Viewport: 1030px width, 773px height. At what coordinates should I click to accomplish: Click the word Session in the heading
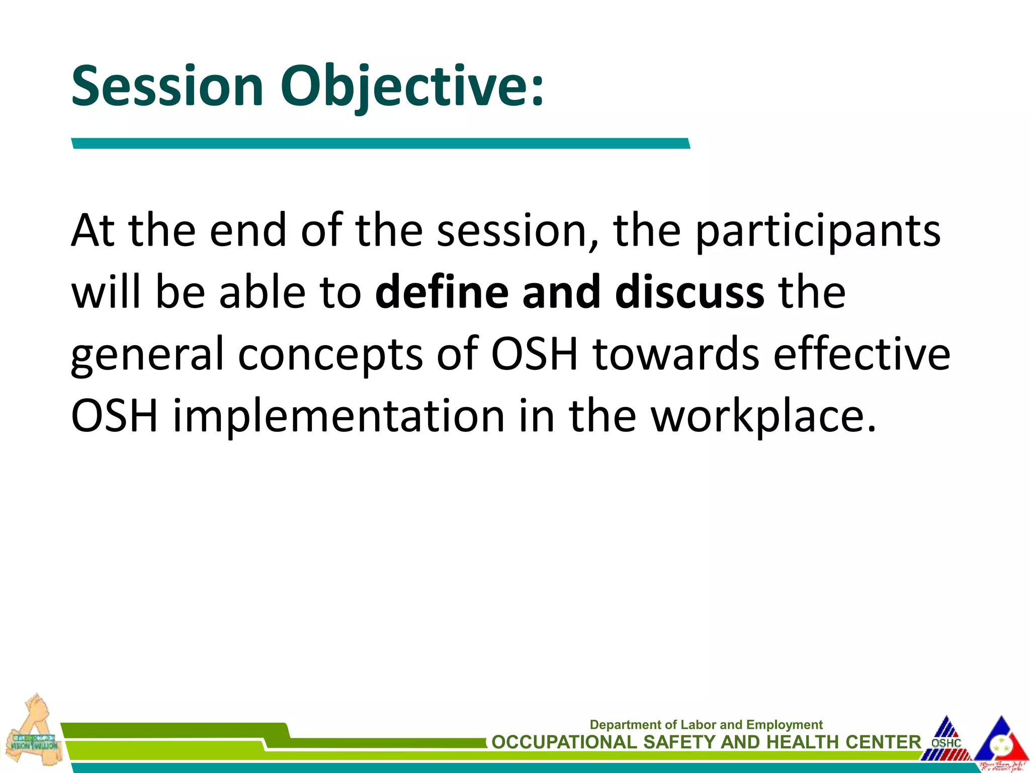pos(167,87)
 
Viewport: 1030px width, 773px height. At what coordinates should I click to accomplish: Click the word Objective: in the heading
pos(411,87)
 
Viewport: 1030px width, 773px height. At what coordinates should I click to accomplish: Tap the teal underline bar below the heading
pos(381,143)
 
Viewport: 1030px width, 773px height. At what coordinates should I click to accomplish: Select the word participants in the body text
pos(818,230)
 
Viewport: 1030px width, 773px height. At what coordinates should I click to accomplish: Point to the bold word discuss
pos(690,292)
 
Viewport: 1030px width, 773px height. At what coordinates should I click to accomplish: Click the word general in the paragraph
pos(147,355)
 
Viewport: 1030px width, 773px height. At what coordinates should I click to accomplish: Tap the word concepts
pos(330,355)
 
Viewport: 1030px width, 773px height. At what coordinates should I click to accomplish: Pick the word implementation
pos(338,416)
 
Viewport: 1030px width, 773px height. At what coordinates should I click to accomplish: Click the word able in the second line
pos(262,292)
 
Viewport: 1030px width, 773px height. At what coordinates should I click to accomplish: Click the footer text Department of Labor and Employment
pos(706,725)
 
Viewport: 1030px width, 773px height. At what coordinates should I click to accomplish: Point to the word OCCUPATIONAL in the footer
pos(564,742)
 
